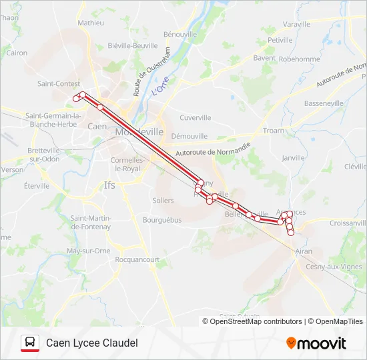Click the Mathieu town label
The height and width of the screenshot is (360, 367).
tap(91, 23)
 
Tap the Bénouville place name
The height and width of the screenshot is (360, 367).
tap(180, 33)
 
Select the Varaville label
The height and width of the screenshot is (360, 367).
tap(297, 24)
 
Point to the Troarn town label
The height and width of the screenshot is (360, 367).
tap(274, 131)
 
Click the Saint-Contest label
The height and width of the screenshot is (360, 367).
tap(59, 84)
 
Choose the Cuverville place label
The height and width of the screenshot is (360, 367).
tap(196, 117)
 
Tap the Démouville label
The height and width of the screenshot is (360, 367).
tap(190, 136)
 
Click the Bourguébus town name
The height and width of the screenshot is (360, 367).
tap(162, 219)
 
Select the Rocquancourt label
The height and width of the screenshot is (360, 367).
tap(137, 259)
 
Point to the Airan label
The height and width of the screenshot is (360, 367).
tap(304, 251)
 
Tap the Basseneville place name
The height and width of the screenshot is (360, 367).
tap(324, 103)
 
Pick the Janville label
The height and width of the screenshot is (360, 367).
tap(293, 158)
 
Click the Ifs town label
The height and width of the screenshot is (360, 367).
tap(109, 185)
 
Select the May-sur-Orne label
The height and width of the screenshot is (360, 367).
tap(88, 251)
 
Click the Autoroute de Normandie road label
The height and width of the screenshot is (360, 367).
tap(213, 151)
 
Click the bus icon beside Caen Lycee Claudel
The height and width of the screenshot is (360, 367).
tap(29, 343)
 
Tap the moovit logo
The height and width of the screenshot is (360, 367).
tap(316, 343)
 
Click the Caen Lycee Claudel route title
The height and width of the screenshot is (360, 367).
tap(92, 343)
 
